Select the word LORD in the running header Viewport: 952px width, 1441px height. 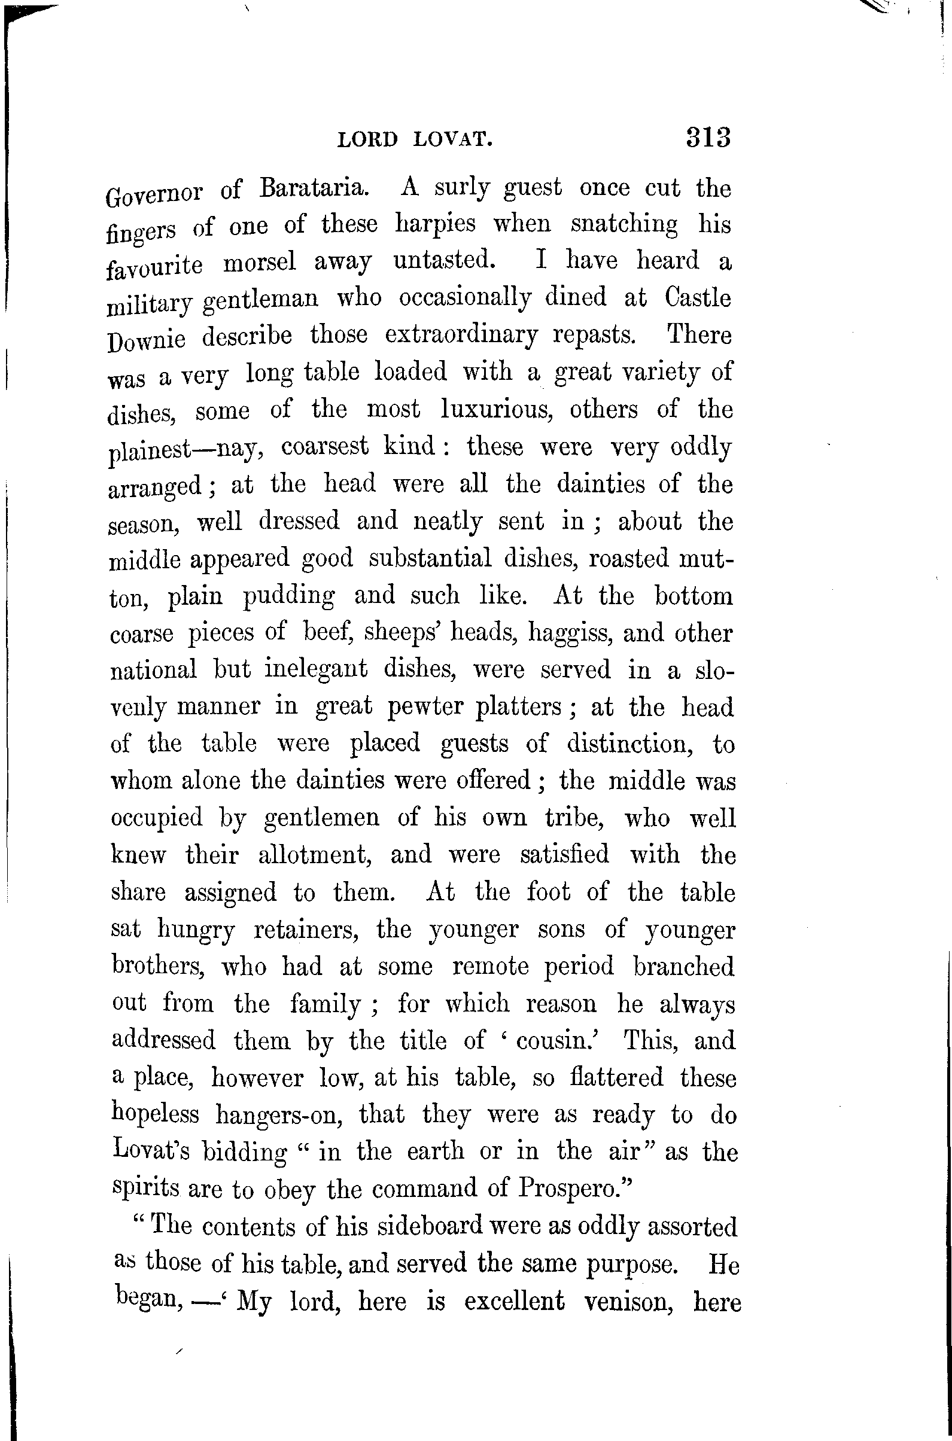coord(367,140)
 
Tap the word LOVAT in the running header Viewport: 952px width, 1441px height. coord(452,140)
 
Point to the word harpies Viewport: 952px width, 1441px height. coord(436,224)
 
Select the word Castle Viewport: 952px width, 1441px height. coord(698,297)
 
